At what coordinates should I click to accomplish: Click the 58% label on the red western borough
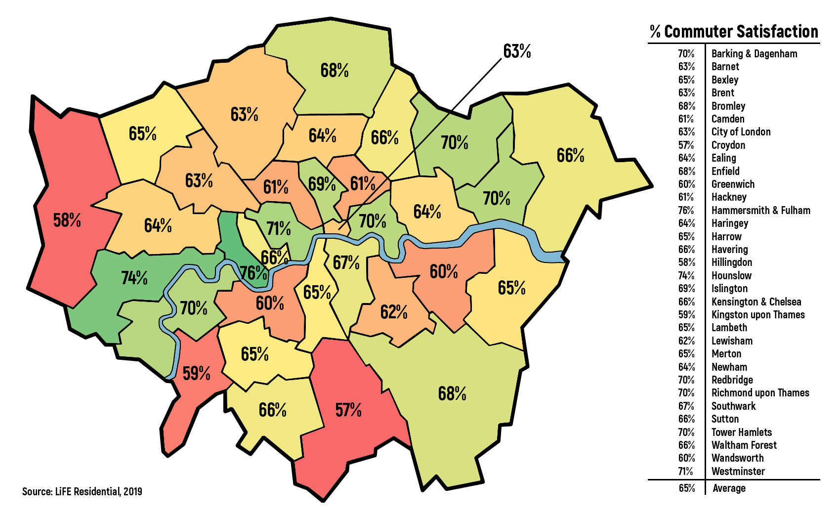[x=67, y=220]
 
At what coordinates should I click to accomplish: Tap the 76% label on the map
[x=253, y=272]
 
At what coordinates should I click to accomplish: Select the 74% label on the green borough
[x=134, y=278]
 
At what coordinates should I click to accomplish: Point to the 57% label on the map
[x=348, y=410]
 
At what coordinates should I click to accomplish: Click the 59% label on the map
[x=196, y=373]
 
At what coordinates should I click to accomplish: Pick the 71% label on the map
[x=278, y=228]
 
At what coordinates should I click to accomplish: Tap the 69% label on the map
[x=322, y=184]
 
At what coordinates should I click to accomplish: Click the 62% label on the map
[x=394, y=312]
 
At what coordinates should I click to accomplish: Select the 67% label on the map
[x=346, y=262]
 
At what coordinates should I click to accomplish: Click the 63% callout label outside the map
[x=517, y=51]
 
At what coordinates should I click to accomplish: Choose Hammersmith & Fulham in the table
[x=760, y=210]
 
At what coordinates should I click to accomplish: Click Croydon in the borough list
[x=728, y=145]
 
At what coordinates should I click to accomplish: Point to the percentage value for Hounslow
[x=686, y=275]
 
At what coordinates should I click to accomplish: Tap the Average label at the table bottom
[x=729, y=488]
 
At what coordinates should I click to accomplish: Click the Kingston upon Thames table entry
[x=757, y=314]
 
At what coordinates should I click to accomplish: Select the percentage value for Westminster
[x=686, y=471]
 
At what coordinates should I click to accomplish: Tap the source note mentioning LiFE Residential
[x=82, y=491]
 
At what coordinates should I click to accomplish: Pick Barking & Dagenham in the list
[x=754, y=53]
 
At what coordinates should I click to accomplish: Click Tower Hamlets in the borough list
[x=741, y=432]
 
